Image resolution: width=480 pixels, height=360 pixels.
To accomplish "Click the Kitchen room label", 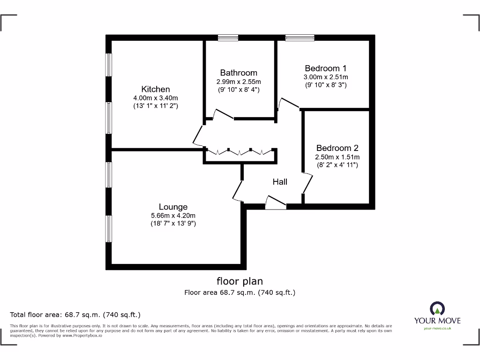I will pyautogui.click(x=156, y=89).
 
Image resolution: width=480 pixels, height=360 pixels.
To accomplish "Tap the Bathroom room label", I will pyautogui.click(x=239, y=73).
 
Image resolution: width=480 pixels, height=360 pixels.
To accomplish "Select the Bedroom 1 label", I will pyautogui.click(x=326, y=68).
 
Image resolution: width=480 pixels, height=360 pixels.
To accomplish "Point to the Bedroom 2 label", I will pyautogui.click(x=337, y=148).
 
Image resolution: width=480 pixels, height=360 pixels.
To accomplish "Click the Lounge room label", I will pyautogui.click(x=173, y=207).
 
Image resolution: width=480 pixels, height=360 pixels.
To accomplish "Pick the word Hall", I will pyautogui.click(x=280, y=181).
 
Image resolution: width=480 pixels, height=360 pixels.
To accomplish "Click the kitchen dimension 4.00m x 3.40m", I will pyautogui.click(x=156, y=98).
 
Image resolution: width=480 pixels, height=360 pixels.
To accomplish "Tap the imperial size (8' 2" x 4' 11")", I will pyautogui.click(x=337, y=165).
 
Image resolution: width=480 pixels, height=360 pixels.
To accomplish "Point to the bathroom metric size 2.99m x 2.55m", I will pyautogui.click(x=239, y=81).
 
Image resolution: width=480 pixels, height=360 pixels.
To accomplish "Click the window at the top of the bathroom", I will pyautogui.click(x=228, y=37).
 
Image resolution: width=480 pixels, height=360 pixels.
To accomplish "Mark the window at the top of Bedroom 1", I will pyautogui.click(x=300, y=37).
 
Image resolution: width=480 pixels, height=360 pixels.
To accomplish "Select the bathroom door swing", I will pyautogui.click(x=223, y=114).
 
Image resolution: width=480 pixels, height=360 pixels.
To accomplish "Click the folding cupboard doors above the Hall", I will pyautogui.click(x=240, y=151).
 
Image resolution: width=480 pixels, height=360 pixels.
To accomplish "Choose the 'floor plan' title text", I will pyautogui.click(x=240, y=281).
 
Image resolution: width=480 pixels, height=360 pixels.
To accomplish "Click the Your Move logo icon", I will pyautogui.click(x=437, y=308).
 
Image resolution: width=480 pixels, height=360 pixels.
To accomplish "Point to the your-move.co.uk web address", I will pyautogui.click(x=437, y=329).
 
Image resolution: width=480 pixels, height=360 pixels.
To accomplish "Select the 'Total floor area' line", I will pyautogui.click(x=75, y=315).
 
